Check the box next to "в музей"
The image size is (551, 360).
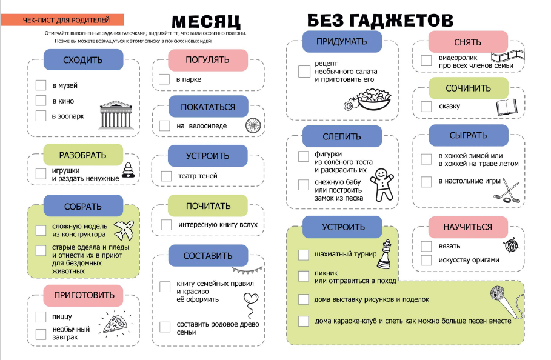coord(41,85)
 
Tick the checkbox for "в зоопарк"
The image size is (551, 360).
coord(41,116)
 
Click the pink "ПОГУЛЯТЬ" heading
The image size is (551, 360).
coord(208,60)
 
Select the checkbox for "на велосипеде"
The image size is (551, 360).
coord(165,126)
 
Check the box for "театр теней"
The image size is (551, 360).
coord(167,176)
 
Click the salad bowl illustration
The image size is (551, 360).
coord(371,99)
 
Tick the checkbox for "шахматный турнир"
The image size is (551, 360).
coord(304,254)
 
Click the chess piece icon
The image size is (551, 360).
coord(384,254)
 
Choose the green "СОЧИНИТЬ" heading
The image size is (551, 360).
coord(468,88)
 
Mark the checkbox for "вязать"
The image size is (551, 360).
coord(426,246)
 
